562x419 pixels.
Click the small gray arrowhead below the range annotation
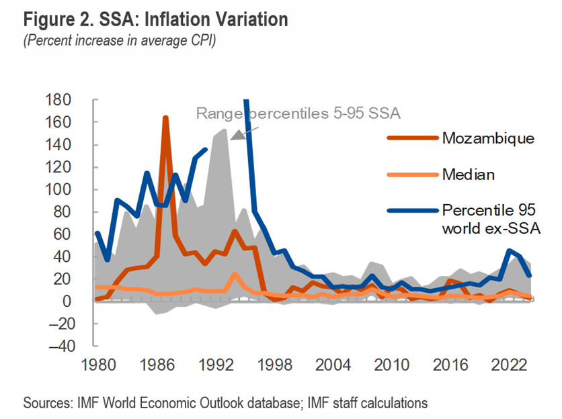237,134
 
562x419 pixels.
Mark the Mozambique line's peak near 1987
165,118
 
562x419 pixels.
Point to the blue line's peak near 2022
510,251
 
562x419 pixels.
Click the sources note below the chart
225,403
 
